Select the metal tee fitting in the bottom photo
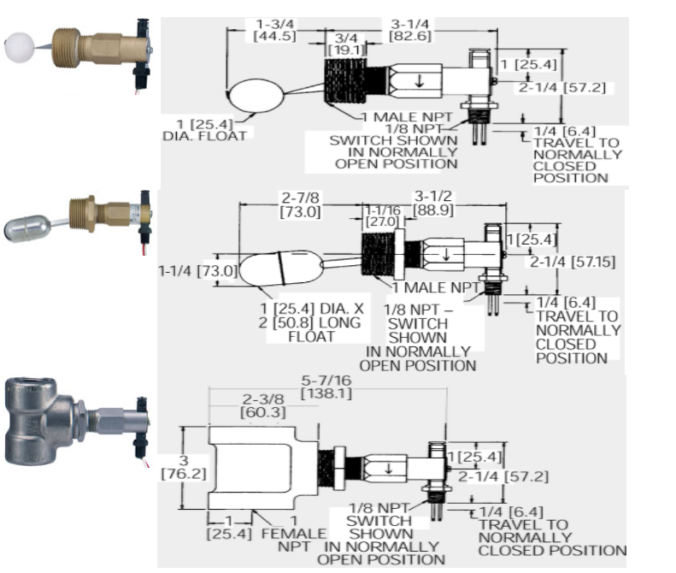tap(39, 424)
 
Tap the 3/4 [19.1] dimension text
tap(347, 44)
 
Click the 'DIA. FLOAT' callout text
tap(204, 135)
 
